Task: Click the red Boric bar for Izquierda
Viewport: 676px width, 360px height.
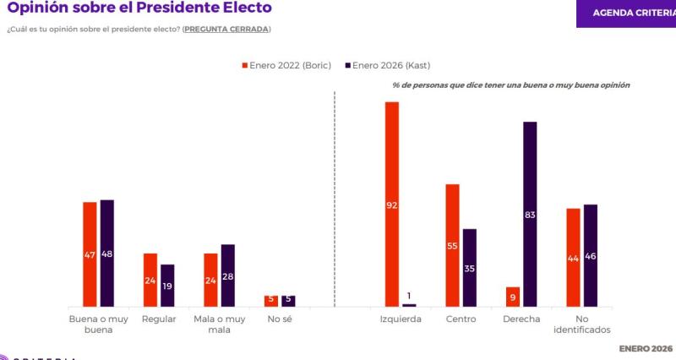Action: [x=392, y=204]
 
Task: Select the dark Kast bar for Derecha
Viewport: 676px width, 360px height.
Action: [x=530, y=214]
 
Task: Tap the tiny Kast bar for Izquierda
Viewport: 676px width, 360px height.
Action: [x=409, y=305]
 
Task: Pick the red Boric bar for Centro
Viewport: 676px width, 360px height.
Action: [x=452, y=245]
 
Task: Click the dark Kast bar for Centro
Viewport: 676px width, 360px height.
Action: [x=470, y=267]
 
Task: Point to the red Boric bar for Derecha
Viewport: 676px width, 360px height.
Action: [x=512, y=297]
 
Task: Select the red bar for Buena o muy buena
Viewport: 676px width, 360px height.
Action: [x=90, y=254]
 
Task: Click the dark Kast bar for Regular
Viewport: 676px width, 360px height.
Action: [x=167, y=285]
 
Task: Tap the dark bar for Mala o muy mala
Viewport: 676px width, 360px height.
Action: [x=227, y=275]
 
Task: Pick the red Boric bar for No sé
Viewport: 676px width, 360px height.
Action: [x=270, y=301]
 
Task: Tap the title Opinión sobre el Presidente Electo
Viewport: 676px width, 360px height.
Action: [x=139, y=8]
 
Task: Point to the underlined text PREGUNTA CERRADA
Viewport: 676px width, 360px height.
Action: [x=226, y=30]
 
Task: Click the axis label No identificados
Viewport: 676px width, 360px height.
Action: [x=582, y=325]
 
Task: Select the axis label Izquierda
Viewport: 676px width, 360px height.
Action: [x=401, y=319]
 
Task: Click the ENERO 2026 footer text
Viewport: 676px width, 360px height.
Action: [x=646, y=348]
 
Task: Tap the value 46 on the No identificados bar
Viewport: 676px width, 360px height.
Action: [x=591, y=256]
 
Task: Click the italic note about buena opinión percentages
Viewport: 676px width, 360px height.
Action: [x=511, y=85]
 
